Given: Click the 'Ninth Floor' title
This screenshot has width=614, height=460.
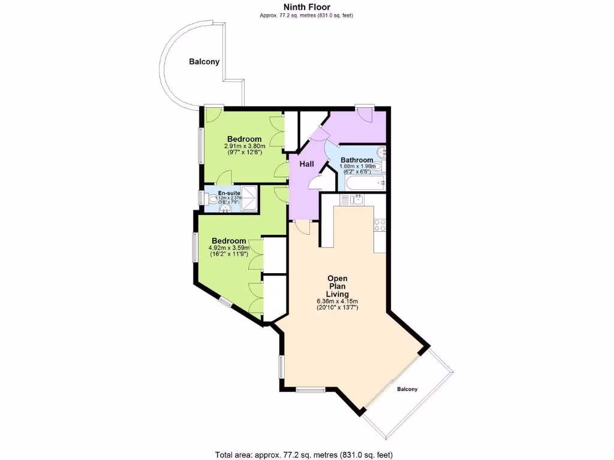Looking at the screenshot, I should pyautogui.click(x=306, y=7).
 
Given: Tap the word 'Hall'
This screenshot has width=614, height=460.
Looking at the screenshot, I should pyautogui.click(x=306, y=164).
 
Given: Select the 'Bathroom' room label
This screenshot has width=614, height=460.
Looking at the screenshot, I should pyautogui.click(x=357, y=160).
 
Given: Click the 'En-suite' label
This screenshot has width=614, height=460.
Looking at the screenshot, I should pyautogui.click(x=229, y=193).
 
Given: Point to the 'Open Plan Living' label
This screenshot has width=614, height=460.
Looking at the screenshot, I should pyautogui.click(x=337, y=286).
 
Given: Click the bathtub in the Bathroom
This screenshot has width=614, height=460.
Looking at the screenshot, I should pyautogui.click(x=364, y=183).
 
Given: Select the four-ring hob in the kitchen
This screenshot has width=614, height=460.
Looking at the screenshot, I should pyautogui.click(x=380, y=226).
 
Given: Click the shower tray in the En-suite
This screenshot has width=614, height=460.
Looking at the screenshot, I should pyautogui.click(x=251, y=198).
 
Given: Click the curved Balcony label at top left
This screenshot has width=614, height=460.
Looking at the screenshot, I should pyautogui.click(x=204, y=62).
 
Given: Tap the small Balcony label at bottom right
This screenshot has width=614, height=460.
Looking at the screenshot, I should pyautogui.click(x=407, y=389).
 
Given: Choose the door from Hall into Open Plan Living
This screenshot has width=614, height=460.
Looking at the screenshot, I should pyautogui.click(x=302, y=226).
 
